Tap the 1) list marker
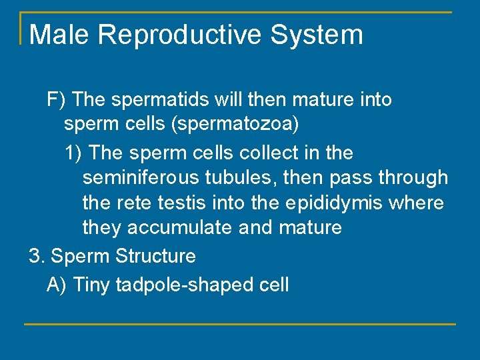point(73,153)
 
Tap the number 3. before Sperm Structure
point(37,256)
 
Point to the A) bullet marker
point(57,285)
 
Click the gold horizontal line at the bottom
point(240,324)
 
